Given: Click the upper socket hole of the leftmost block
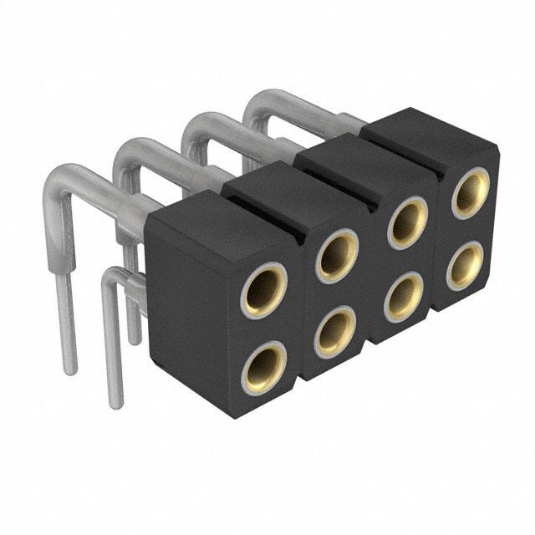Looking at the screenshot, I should (x=264, y=288).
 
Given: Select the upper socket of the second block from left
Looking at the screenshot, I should (x=337, y=256).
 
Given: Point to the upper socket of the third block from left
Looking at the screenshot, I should (x=407, y=222).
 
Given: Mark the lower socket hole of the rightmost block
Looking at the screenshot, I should (x=465, y=266).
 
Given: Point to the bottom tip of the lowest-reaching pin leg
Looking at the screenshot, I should (x=116, y=404).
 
